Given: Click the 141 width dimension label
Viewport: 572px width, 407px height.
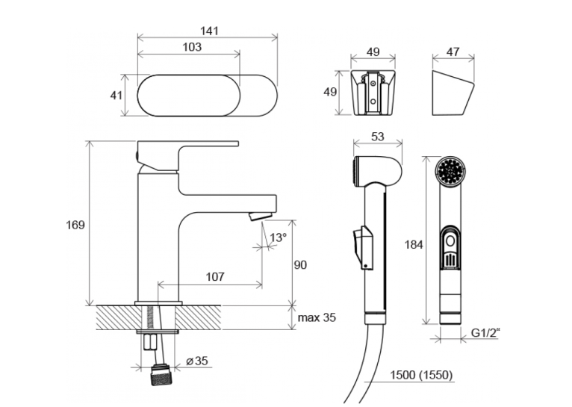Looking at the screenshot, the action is (x=209, y=31).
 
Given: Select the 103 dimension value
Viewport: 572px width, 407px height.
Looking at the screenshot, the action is (x=192, y=47).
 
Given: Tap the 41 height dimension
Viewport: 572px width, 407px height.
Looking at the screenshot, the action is (x=116, y=96).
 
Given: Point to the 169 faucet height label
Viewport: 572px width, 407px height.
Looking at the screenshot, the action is (x=75, y=225).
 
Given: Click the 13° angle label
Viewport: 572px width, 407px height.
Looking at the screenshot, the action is (x=278, y=237).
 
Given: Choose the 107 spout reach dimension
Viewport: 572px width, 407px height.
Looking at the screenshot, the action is (x=215, y=277).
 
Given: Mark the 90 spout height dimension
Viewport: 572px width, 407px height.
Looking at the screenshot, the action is (x=300, y=265).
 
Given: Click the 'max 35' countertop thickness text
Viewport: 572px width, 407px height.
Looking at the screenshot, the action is (x=317, y=317).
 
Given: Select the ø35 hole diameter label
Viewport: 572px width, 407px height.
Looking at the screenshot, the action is (x=197, y=361).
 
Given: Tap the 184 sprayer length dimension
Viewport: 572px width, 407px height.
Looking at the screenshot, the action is (x=414, y=244).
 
